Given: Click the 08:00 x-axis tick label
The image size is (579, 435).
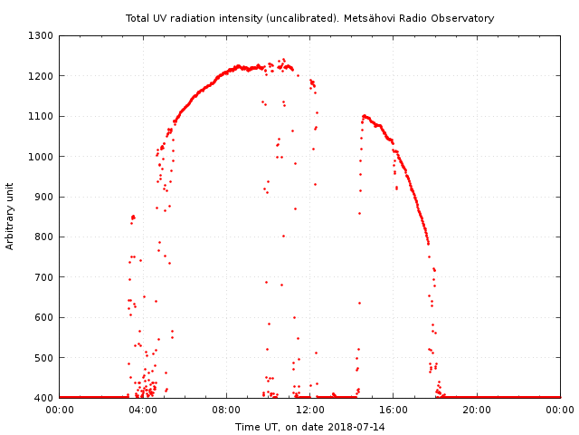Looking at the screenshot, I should [x=226, y=410].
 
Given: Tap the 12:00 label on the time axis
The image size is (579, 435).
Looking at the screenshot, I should [x=310, y=410].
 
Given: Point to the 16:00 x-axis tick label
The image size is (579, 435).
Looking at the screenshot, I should [x=394, y=410].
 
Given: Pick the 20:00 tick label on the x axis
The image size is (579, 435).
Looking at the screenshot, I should [x=477, y=410].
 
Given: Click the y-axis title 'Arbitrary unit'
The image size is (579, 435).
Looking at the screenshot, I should [x=11, y=215].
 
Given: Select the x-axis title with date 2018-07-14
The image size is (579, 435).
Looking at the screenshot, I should [x=309, y=426].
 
